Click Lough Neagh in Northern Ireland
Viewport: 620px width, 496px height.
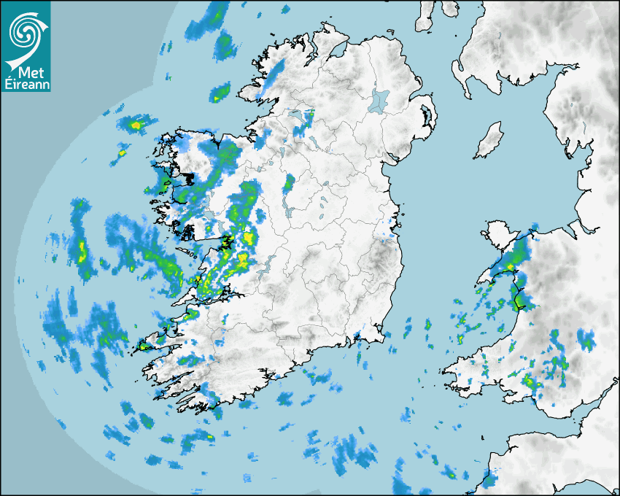tap(380, 100)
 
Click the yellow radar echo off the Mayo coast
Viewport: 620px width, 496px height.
tap(136, 125)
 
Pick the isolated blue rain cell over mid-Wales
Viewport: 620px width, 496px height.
tap(586, 339)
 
